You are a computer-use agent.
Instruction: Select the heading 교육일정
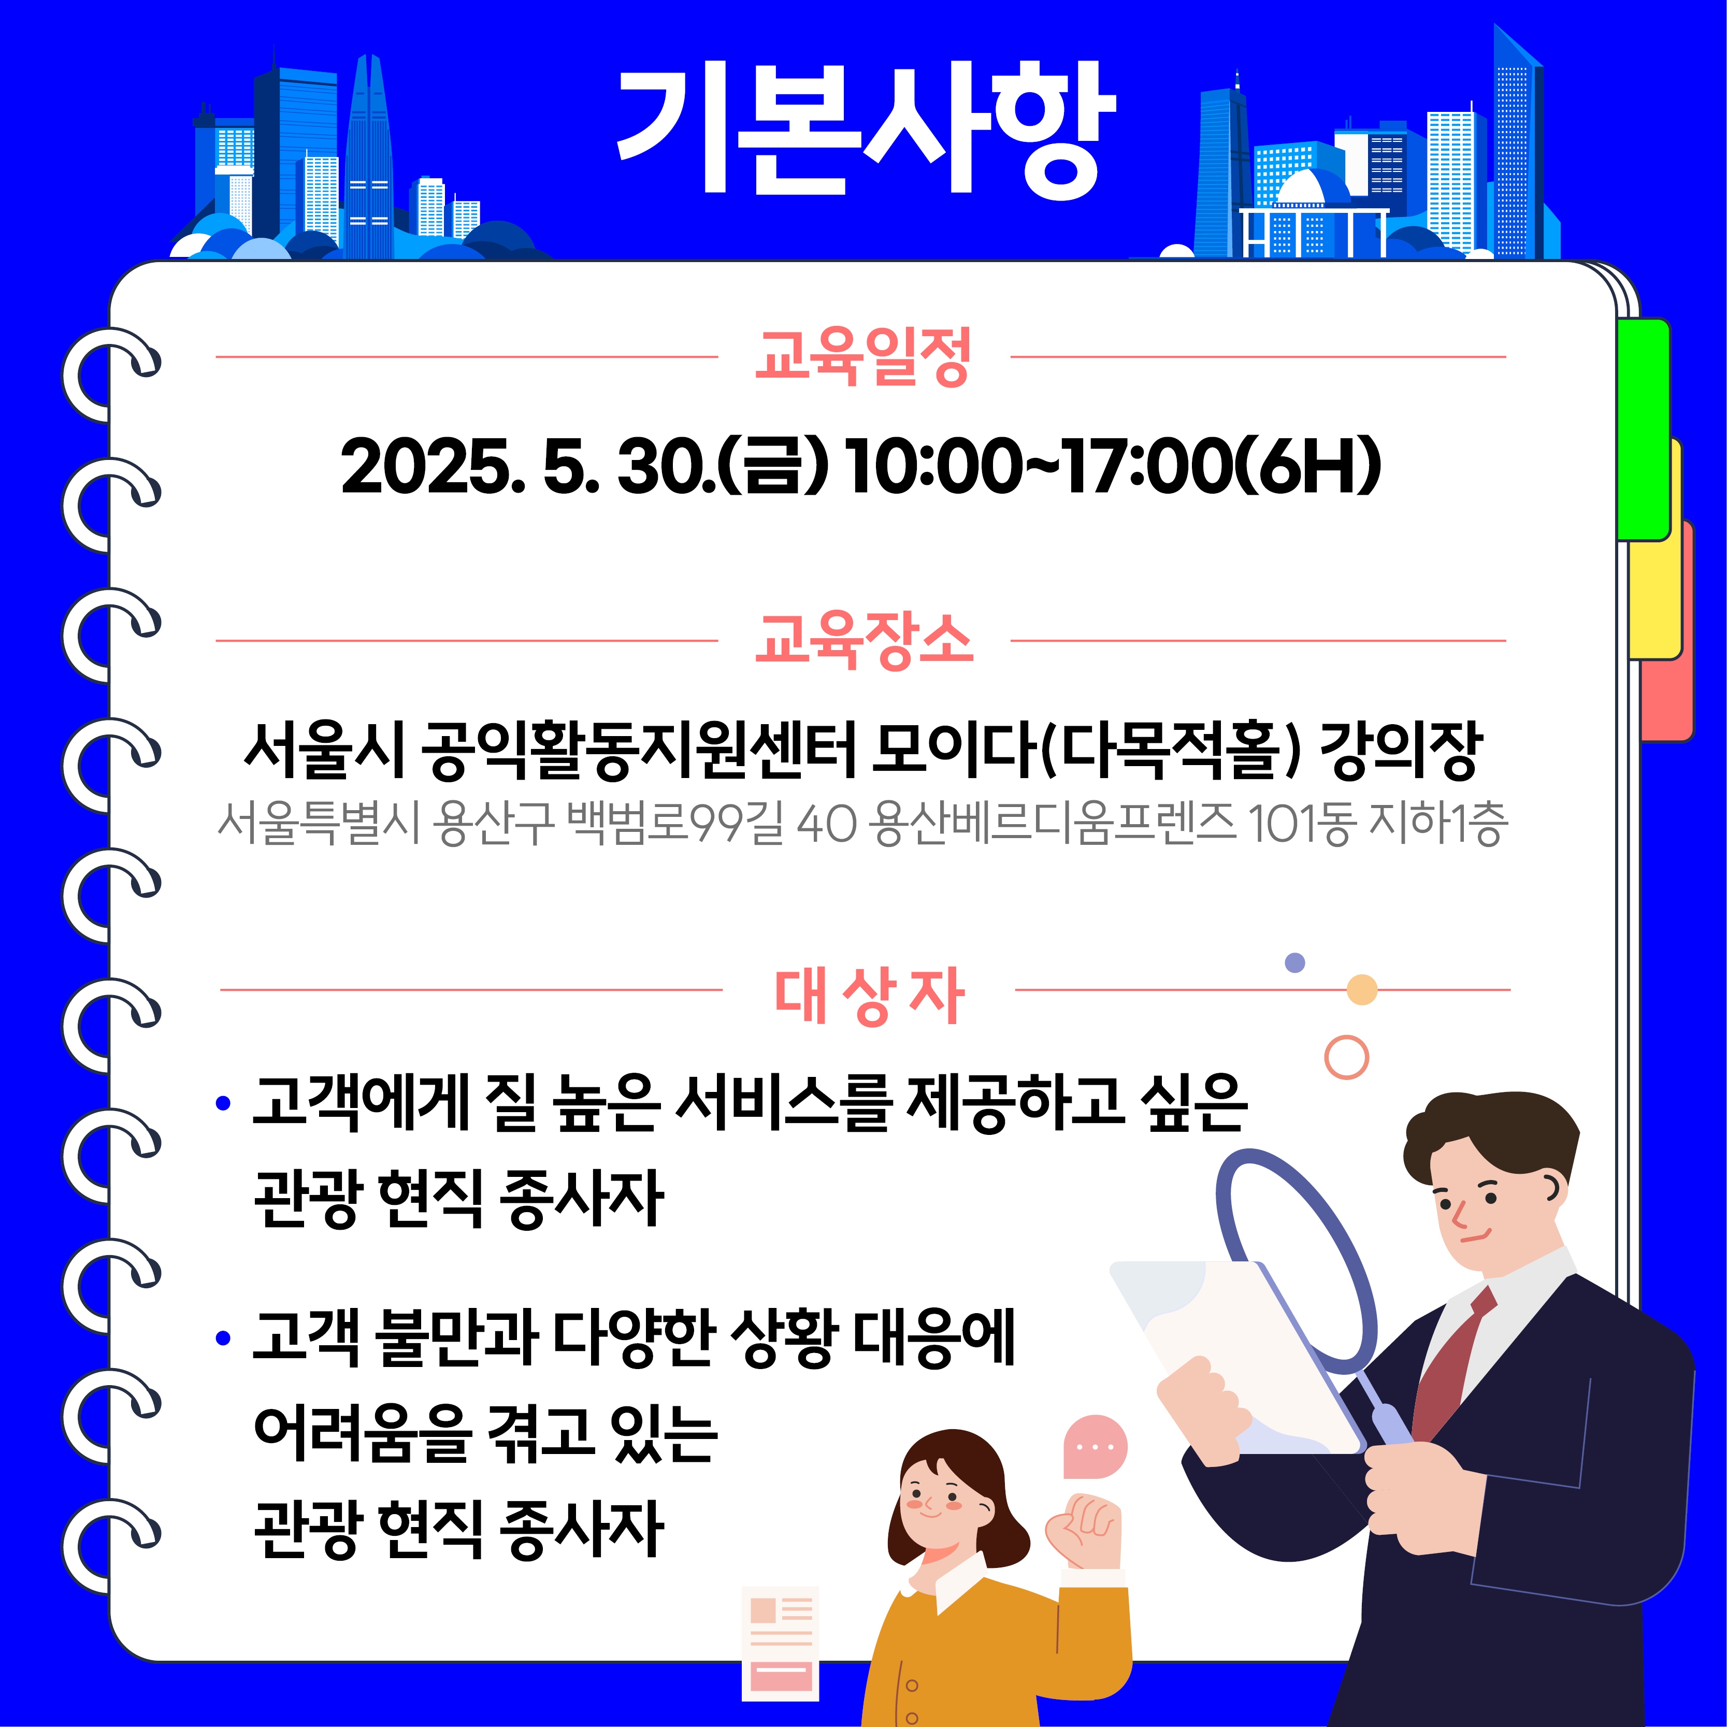point(863,357)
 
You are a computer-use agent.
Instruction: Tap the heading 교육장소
point(863,640)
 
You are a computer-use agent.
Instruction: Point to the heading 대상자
point(869,995)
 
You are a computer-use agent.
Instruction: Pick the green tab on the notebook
point(1644,429)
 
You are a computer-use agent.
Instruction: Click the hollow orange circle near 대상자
point(1346,1057)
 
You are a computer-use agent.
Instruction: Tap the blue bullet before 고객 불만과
point(223,1338)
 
